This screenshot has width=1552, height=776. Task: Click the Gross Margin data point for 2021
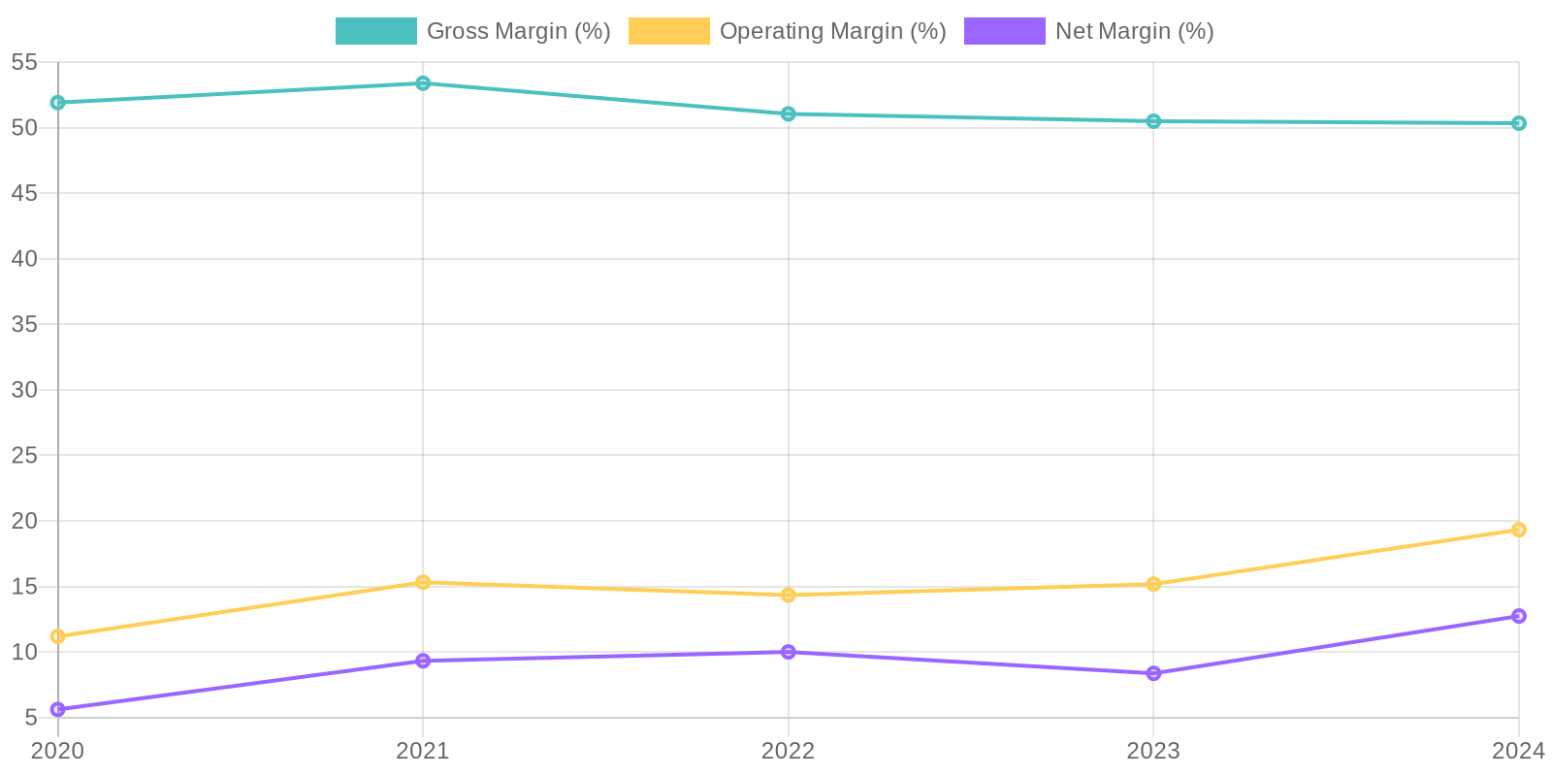[423, 83]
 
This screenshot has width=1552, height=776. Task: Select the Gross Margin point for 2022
[789, 113]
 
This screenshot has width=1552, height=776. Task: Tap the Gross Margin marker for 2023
[1153, 121]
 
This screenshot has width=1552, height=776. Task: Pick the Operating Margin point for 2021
[423, 582]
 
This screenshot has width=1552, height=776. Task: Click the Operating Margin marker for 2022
[789, 595]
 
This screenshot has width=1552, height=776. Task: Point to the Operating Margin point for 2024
[1518, 530]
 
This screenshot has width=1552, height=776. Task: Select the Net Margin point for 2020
[58, 709]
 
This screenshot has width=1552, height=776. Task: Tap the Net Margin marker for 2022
[789, 652]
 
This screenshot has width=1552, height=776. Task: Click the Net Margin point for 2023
[1153, 673]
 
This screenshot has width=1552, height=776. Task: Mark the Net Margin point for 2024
[1518, 616]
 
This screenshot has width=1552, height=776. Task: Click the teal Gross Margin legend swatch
[375, 31]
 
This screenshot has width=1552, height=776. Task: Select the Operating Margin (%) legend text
[832, 31]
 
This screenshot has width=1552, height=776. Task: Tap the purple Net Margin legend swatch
[1004, 31]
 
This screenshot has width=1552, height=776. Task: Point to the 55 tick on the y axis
[24, 62]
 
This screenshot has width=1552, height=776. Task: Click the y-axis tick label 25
[24, 455]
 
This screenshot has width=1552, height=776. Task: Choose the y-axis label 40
[24, 259]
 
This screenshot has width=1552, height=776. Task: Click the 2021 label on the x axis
[423, 751]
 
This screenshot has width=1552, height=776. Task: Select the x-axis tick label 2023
[1153, 751]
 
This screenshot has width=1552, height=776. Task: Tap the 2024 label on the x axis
[1517, 751]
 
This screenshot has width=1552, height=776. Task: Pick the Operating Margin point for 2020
[58, 636]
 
